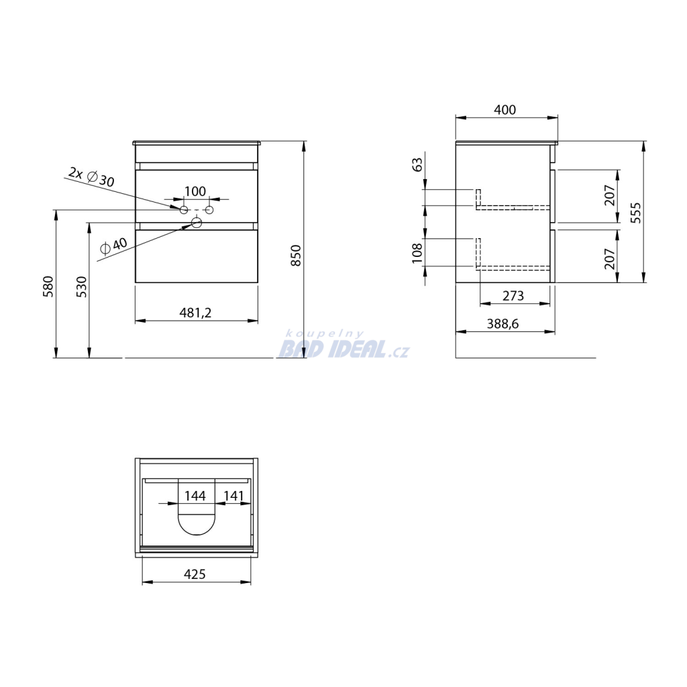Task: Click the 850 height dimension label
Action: point(296,256)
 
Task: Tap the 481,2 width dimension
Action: point(195,313)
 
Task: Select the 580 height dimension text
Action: point(48,286)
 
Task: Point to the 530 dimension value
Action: point(82,286)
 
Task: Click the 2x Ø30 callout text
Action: point(91,176)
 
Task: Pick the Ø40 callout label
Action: point(113,246)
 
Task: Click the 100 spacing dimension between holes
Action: point(195,191)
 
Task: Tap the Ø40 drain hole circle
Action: point(197,223)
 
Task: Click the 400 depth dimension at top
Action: point(505,109)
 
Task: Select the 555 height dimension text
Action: point(636,213)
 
